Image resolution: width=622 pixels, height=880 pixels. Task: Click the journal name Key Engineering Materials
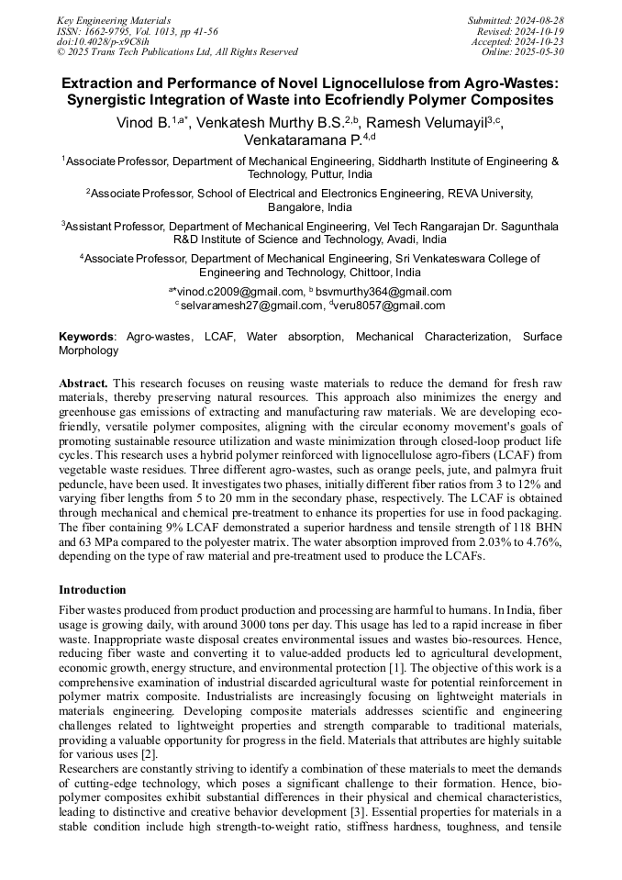(113, 19)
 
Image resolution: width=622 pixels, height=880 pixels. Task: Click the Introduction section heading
(93, 590)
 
